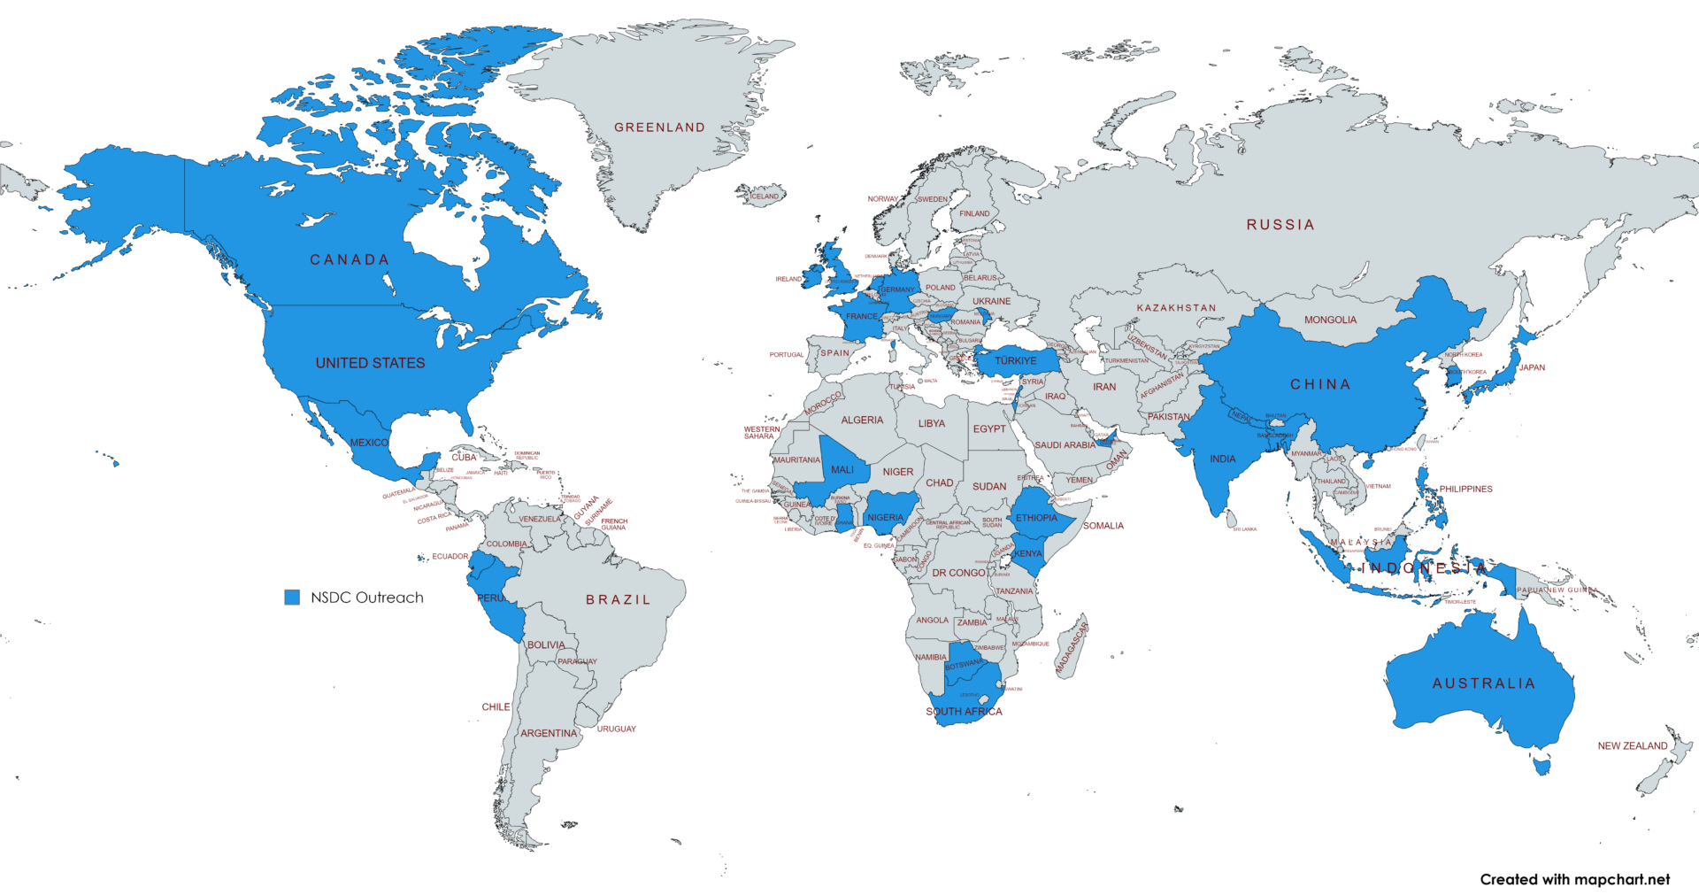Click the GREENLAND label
point(659,127)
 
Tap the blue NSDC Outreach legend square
point(292,598)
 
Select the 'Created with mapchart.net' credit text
point(1574,879)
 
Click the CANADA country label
point(350,259)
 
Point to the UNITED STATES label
point(370,363)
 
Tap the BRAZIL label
point(618,599)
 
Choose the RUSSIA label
point(1280,225)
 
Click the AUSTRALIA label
point(1484,683)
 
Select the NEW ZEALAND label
point(1632,746)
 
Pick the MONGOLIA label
point(1330,320)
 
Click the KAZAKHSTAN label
point(1176,308)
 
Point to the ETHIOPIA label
point(1036,518)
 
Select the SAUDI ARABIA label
point(1065,445)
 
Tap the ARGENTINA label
point(548,733)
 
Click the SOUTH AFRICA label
point(964,712)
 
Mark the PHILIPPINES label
point(1465,489)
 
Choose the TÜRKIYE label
point(1015,361)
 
